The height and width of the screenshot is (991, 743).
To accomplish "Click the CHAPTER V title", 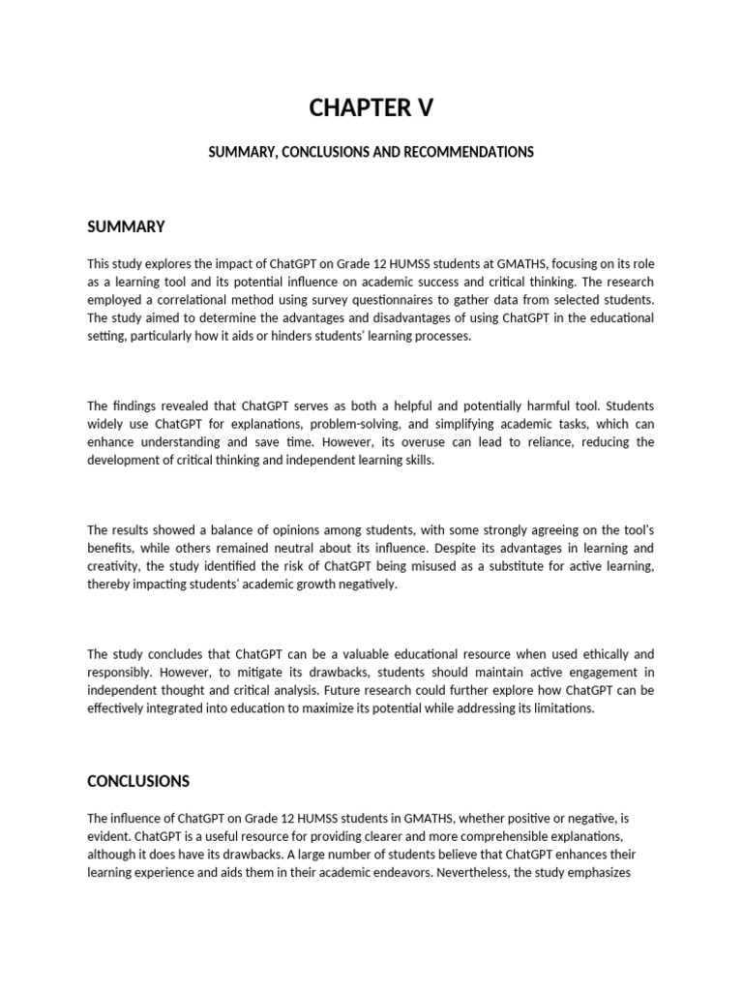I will (371, 108).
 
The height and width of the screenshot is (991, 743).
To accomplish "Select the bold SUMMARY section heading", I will (126, 226).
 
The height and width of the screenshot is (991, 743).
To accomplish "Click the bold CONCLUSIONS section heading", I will (138, 781).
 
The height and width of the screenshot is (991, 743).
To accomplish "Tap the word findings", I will (135, 405).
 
